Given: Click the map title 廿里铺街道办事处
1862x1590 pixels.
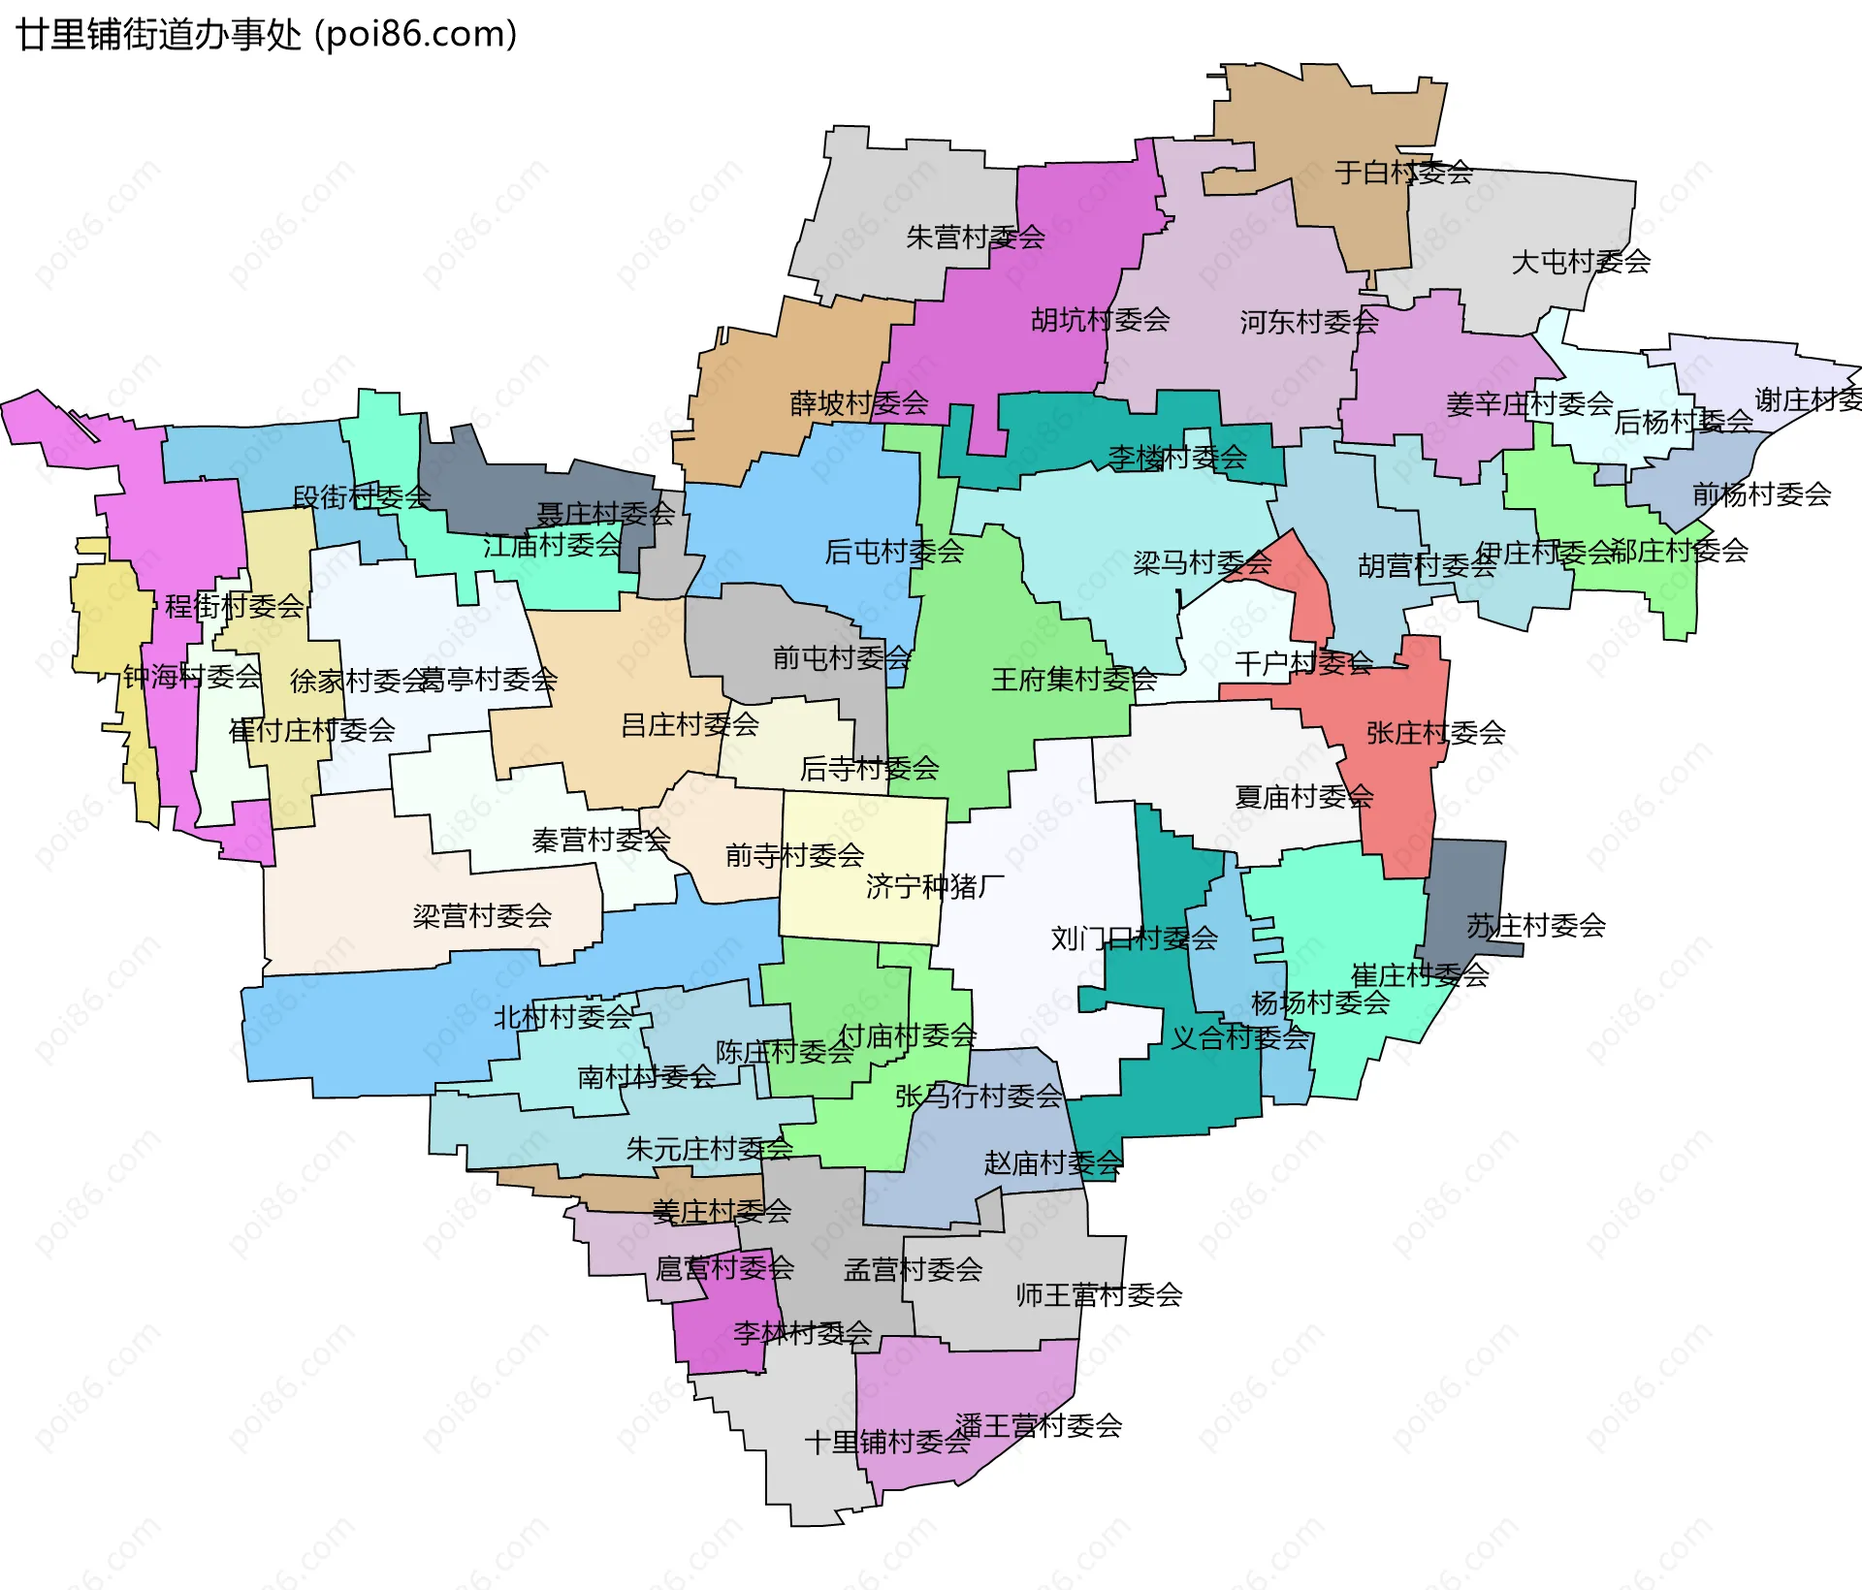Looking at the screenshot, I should [x=159, y=35].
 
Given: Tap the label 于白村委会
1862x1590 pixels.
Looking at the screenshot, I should [x=1403, y=173].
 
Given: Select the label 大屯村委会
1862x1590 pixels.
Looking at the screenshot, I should [x=1581, y=262].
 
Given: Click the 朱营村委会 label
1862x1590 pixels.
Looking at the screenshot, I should [x=975, y=238].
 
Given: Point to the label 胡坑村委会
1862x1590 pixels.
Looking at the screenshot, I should [x=1100, y=320].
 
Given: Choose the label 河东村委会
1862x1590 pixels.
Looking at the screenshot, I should [x=1308, y=322].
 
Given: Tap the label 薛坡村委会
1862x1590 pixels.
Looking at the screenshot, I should [x=859, y=403].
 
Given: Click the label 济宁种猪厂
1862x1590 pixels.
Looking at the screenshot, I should [x=935, y=886].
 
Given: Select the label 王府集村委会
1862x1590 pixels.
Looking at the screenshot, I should [x=1074, y=680].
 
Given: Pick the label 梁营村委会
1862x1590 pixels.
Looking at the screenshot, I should [x=482, y=915].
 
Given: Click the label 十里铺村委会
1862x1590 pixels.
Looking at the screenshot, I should [x=886, y=1443].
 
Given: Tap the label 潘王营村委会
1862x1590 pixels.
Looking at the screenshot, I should [x=1039, y=1425].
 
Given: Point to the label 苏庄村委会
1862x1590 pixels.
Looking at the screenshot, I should [x=1535, y=926].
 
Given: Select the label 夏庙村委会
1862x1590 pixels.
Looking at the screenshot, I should [x=1303, y=797].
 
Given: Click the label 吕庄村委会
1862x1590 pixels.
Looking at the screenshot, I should [x=690, y=725].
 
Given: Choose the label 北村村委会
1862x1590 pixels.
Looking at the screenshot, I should [x=562, y=1017].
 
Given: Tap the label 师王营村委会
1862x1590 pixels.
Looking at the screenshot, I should [x=1099, y=1295].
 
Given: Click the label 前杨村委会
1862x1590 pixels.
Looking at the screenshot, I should [x=1761, y=494].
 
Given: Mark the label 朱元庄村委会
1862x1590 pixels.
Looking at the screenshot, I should [x=709, y=1150].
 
